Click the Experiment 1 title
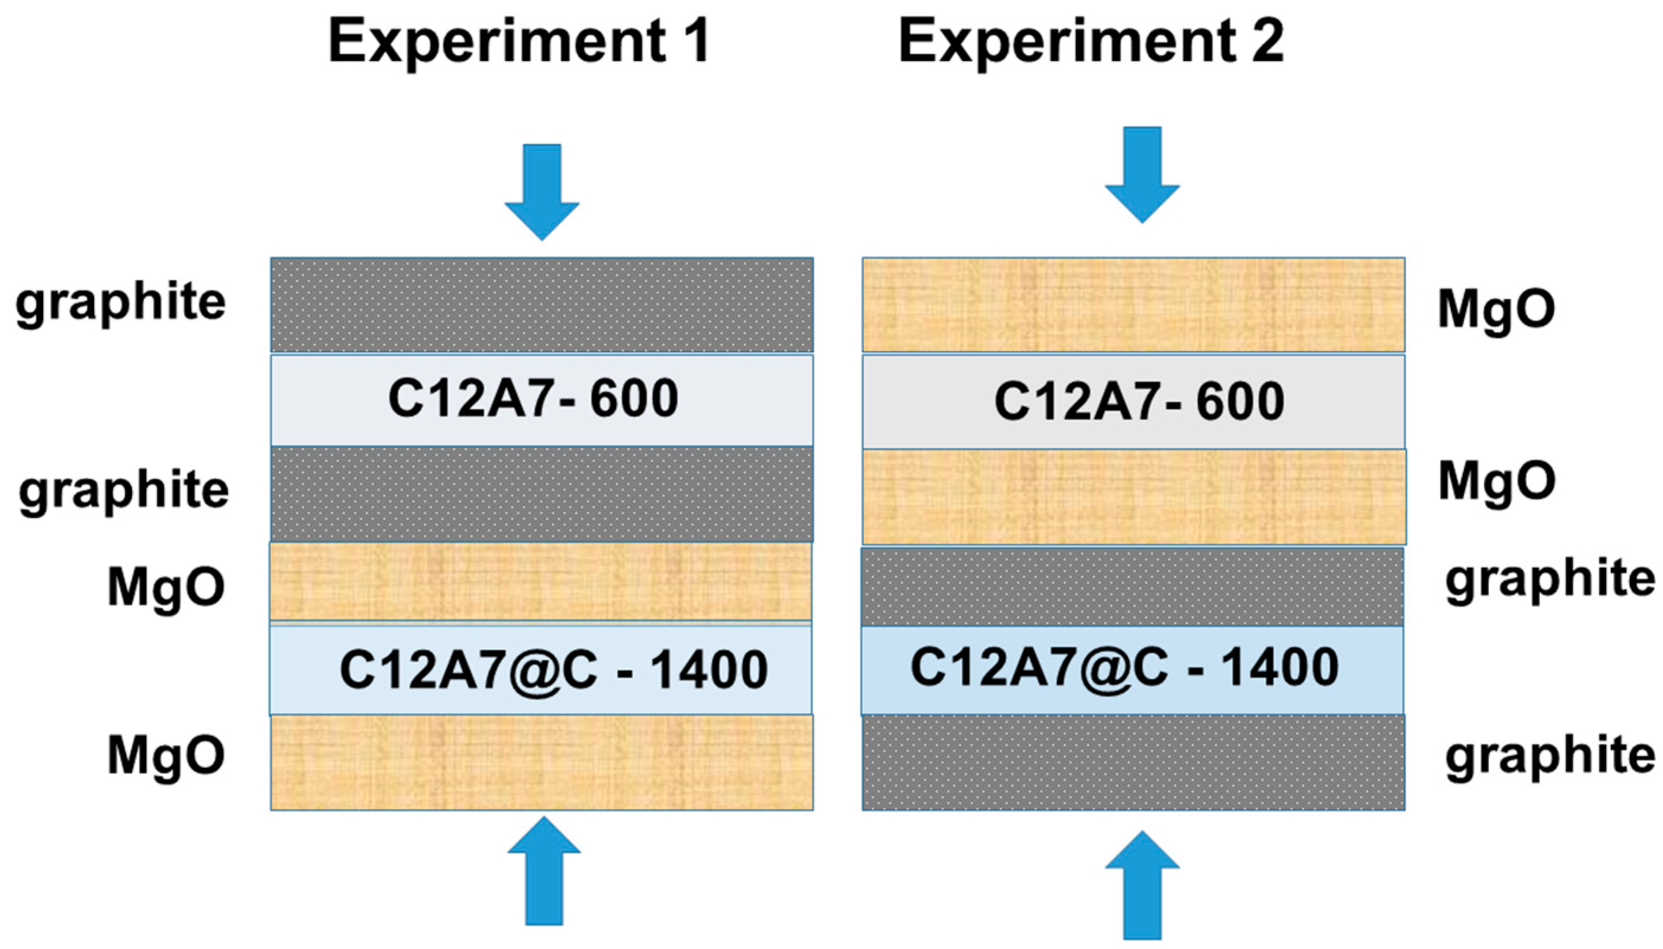pos(518,41)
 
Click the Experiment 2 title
pos(1091,41)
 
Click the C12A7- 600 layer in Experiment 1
pos(542,399)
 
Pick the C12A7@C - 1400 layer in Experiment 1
pos(540,670)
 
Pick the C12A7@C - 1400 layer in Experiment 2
pos(1132,669)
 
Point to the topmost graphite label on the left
pos(121,304)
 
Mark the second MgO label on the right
pos(1497,482)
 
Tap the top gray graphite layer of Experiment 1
pos(542,304)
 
